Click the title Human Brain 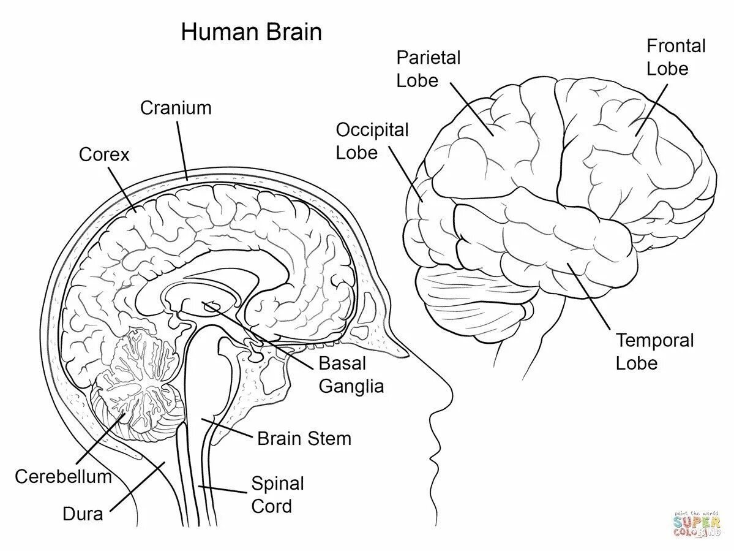coord(251,32)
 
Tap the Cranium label coord(176,108)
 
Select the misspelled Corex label coord(105,154)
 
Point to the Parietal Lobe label coord(428,69)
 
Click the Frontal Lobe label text coord(676,57)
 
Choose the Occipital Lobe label coord(372,141)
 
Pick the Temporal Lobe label coord(654,351)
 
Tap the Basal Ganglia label coord(351,374)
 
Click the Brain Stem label coord(304,439)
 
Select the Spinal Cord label coord(277,495)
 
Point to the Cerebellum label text coord(63,476)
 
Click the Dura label coord(83,514)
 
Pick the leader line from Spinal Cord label coord(223,489)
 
